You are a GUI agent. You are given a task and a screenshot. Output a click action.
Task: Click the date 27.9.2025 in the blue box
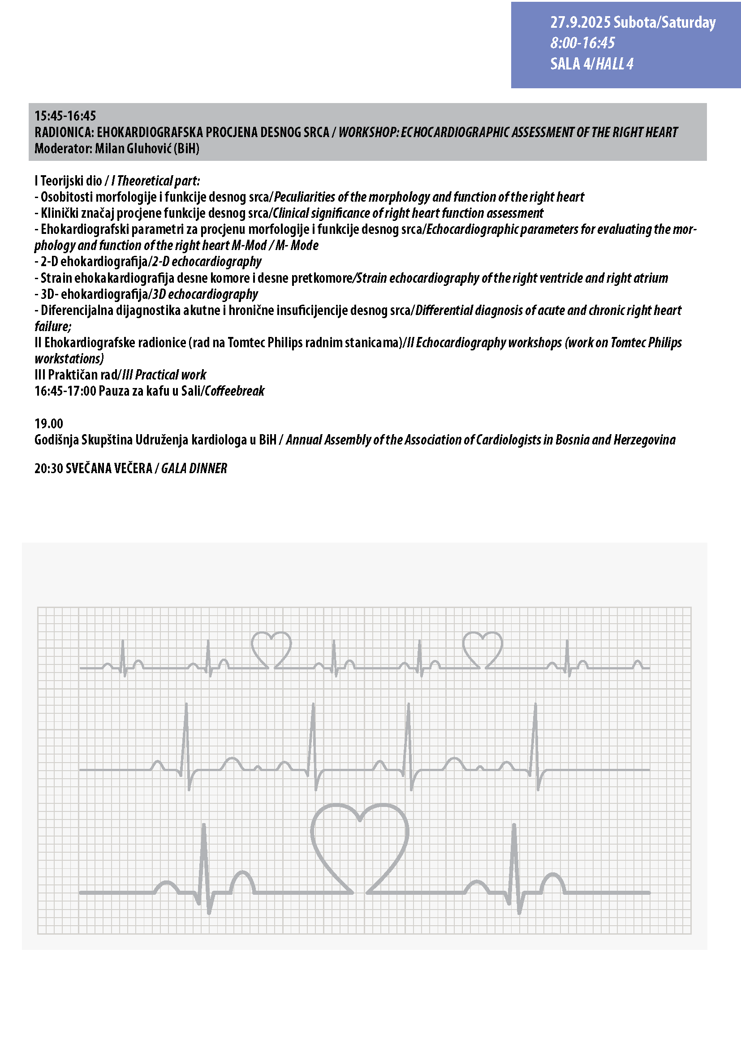[x=580, y=22]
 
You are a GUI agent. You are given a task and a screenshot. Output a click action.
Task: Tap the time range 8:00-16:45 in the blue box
[x=582, y=43]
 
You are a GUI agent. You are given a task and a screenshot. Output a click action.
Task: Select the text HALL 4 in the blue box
[x=614, y=64]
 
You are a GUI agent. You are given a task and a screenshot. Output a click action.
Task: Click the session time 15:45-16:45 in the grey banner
[x=65, y=116]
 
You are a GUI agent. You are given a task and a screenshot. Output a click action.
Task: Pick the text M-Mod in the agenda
[x=249, y=246]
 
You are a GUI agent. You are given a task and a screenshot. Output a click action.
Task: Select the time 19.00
[x=49, y=423]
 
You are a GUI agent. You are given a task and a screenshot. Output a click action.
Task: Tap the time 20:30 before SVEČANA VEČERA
[x=49, y=468]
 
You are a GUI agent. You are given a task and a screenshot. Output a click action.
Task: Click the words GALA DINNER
[x=194, y=468]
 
